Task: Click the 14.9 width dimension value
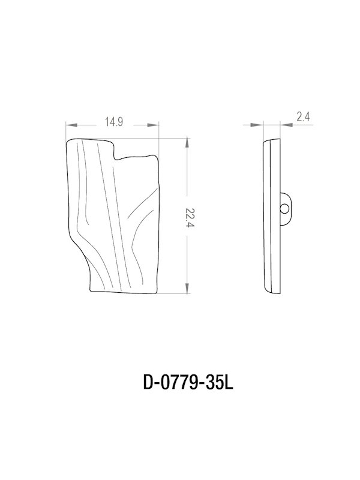[113, 122]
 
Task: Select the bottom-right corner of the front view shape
[157, 290]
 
